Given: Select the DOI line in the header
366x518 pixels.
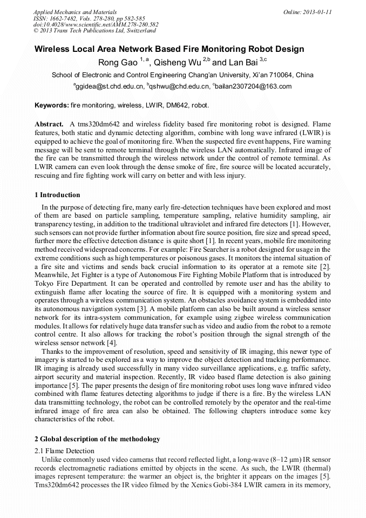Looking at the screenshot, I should pos(96,24).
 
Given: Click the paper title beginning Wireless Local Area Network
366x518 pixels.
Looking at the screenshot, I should pos(169,49).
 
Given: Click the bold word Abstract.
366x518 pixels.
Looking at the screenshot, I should pos(49,124).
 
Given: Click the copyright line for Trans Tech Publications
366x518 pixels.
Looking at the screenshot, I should pos(94,31).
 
